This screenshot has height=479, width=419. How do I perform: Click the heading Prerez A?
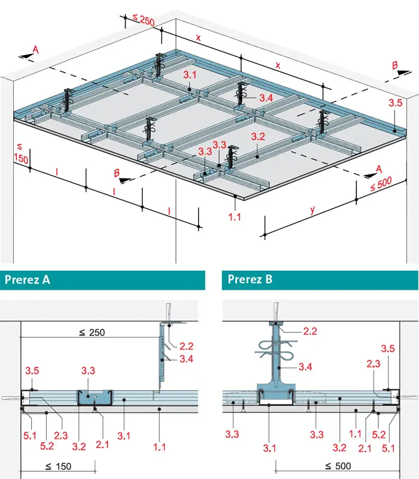pos(28,280)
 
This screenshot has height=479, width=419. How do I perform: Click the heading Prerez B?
pos(250,279)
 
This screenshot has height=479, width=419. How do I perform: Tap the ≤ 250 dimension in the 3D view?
pos(144,20)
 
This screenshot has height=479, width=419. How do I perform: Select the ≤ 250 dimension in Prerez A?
pos(92,332)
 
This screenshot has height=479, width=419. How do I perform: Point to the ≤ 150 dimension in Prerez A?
pos(58,466)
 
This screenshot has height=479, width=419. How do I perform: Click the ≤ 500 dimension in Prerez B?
pos(338,466)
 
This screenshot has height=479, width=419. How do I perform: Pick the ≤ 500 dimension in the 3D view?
pos(381,184)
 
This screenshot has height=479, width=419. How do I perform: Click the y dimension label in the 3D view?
pos(312,210)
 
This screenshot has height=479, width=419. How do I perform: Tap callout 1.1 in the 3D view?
pos(235,217)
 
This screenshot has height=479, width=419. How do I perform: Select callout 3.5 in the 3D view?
pos(396,102)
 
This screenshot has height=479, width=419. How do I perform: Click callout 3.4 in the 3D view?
pos(266,98)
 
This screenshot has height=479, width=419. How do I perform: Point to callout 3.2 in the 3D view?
pos(258,137)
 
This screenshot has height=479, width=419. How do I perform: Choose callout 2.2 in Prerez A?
pos(186,346)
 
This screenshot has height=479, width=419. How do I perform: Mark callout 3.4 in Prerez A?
pos(186,359)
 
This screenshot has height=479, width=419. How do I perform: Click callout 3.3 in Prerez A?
pos(88,371)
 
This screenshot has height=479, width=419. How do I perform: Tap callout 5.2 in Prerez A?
pos(47,446)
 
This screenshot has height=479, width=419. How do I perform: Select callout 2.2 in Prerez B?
pos(310,331)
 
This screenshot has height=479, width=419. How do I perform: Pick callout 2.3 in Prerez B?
pos(374,363)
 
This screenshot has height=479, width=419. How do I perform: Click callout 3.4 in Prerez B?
pos(305,366)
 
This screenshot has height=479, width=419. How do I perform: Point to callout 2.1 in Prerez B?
pos(365,448)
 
